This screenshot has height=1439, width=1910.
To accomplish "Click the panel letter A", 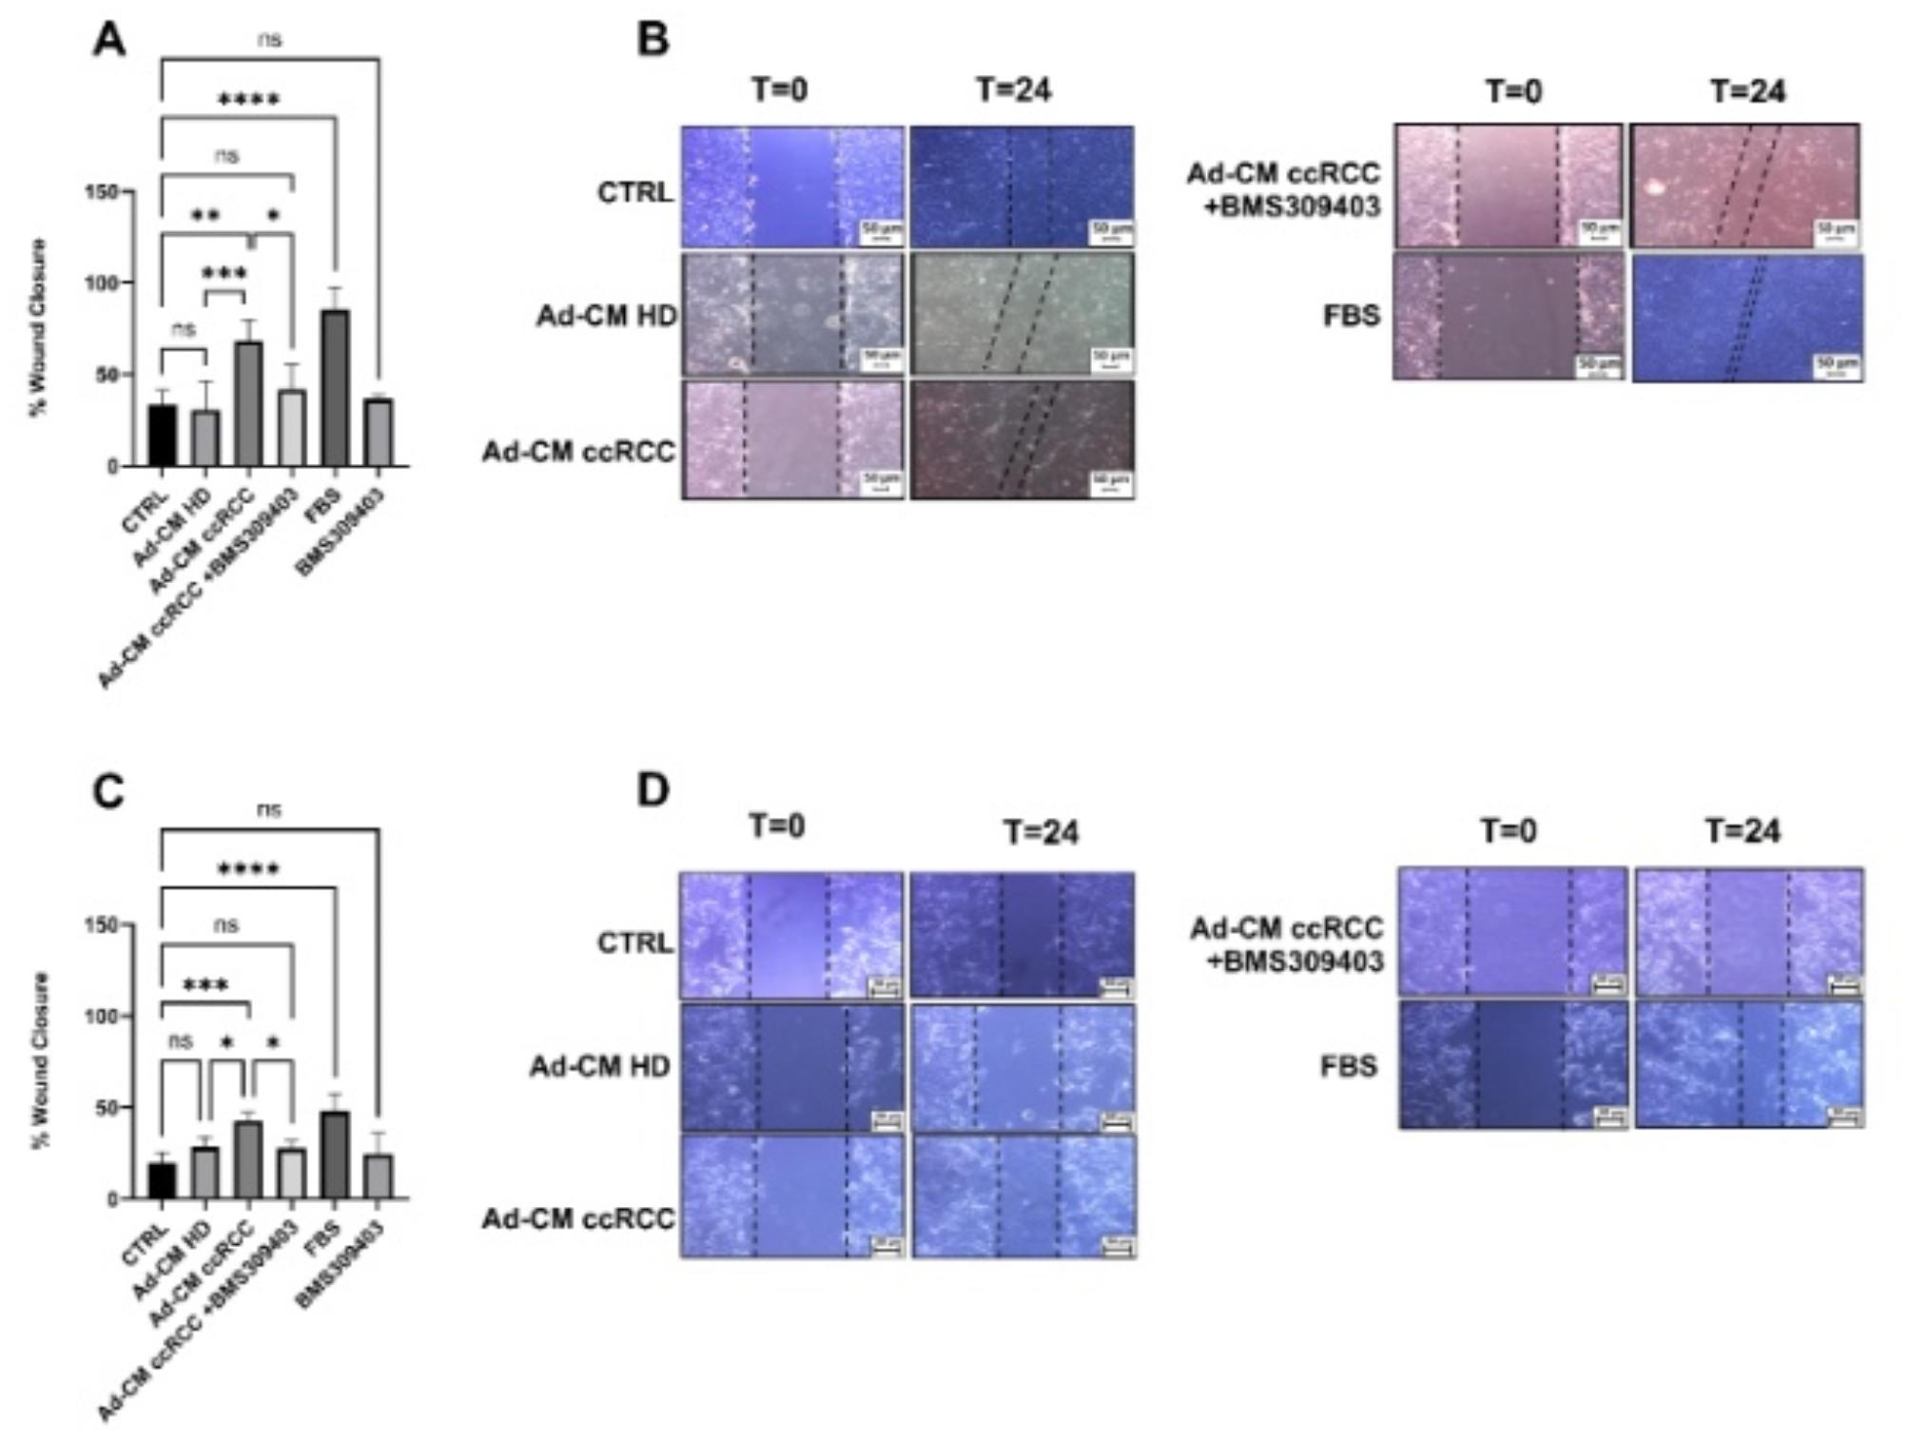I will (x=109, y=41).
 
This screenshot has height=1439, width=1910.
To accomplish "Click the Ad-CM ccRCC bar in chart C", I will (x=247, y=1159).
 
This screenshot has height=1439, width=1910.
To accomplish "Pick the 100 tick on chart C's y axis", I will (x=102, y=1016).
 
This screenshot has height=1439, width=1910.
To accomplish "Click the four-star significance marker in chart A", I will (x=248, y=100).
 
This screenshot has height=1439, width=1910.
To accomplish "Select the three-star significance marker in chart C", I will (x=205, y=985).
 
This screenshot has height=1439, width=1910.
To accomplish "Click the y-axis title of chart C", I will (x=41, y=1060).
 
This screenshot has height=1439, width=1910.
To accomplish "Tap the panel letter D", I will (x=653, y=790).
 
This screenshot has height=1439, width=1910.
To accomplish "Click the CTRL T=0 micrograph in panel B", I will (x=792, y=186).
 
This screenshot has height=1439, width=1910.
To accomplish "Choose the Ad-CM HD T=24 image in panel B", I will (x=1022, y=314).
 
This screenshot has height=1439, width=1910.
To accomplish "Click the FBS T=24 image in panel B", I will (x=1747, y=318).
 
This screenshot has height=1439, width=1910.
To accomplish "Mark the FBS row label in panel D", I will (x=1349, y=1066).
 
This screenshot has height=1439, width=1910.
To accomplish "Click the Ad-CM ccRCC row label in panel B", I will (x=578, y=451).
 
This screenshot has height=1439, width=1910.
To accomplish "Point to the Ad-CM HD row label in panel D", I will (x=600, y=1067).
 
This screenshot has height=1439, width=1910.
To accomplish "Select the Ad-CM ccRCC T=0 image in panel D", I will (x=792, y=1196).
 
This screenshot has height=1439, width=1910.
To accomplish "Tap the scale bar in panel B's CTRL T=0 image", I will (x=882, y=232).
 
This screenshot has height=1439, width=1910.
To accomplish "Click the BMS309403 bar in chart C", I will (x=379, y=1176).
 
